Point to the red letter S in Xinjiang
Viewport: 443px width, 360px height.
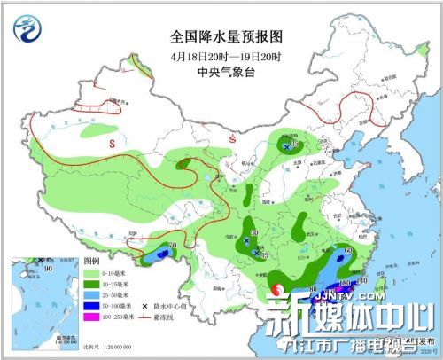click(112, 141)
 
